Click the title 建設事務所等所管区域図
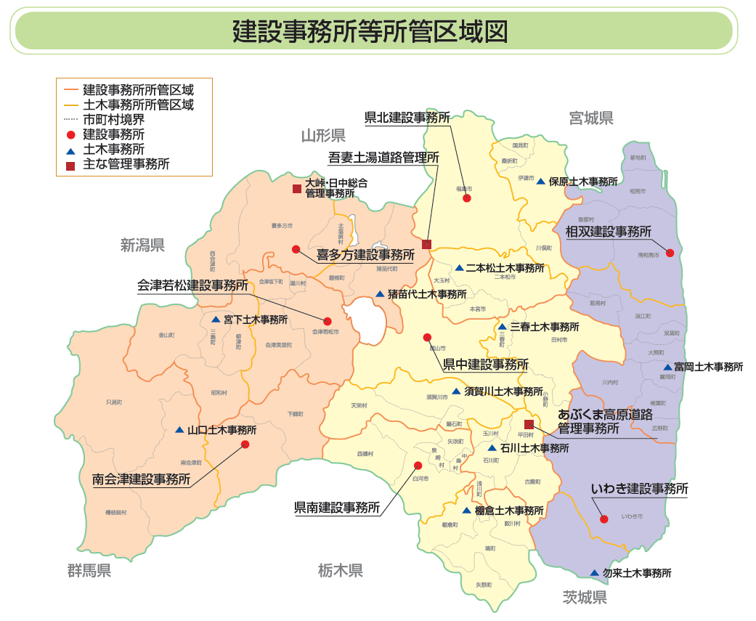pos(370,31)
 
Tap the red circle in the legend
pos(70,135)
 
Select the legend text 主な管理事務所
pos(126,164)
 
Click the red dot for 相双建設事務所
pos(670,253)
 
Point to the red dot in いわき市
pos(603,519)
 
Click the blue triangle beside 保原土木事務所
pos(540,181)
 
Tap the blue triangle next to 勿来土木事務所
pos(595,573)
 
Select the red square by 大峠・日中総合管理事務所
pos(296,189)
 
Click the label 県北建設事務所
pos(407,118)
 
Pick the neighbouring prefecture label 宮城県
pos(591,118)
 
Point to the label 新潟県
pos(143,245)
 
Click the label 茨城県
pos(585,598)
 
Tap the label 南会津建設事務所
pos(142,479)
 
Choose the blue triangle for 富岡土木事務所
pos(667,368)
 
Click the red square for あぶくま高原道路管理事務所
pos(529,424)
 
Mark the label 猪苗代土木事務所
pos(426,294)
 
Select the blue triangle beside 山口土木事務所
pos(179,430)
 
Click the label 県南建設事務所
pos(337,507)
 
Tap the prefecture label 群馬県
pos(89,571)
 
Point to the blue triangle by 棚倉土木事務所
pos(466,511)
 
